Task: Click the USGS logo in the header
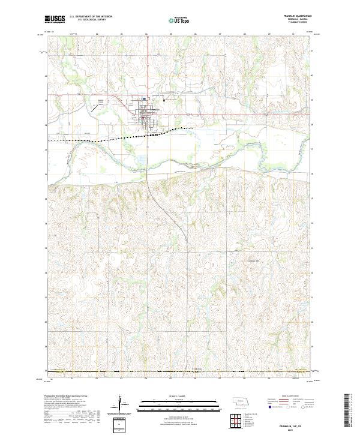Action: pos(55,19)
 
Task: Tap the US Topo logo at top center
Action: pos(178,20)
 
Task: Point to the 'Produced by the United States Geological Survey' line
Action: pos(65,397)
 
